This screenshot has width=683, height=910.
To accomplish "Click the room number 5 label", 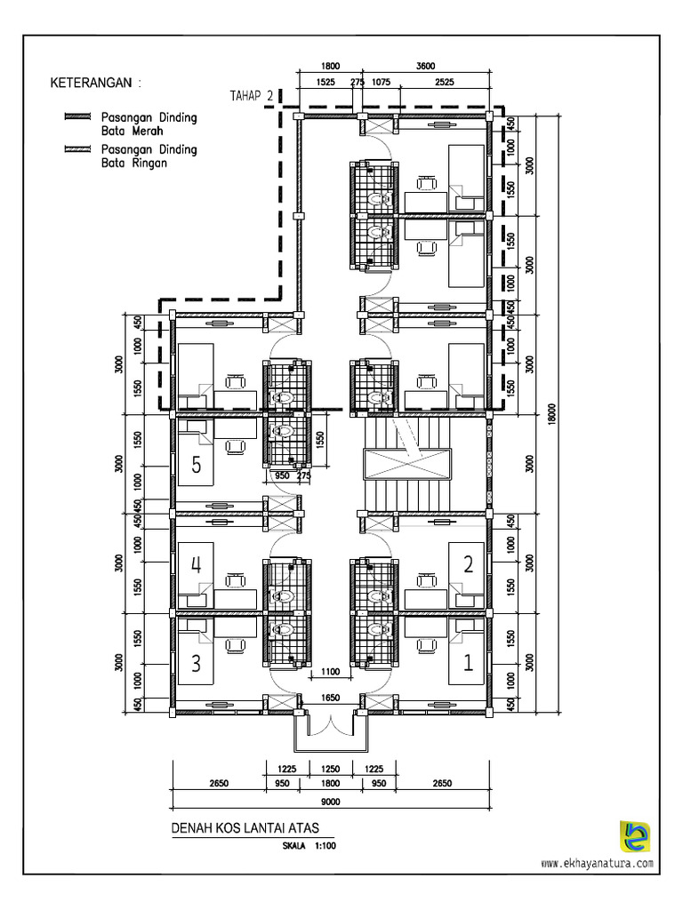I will (196, 463).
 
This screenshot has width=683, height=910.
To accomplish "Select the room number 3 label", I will (196, 662).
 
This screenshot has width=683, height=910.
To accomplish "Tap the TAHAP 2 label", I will (251, 97).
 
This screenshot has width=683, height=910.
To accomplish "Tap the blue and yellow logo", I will (634, 836).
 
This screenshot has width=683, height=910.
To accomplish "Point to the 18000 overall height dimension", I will (552, 411).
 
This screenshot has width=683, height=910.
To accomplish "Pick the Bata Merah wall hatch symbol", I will (78, 117).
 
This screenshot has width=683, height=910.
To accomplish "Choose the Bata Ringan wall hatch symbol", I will (78, 149).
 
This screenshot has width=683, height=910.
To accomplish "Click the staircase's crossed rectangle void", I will (407, 463).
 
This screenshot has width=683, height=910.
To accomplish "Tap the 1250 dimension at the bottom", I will (330, 768).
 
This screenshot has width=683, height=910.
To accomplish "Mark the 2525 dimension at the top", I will (445, 83).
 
